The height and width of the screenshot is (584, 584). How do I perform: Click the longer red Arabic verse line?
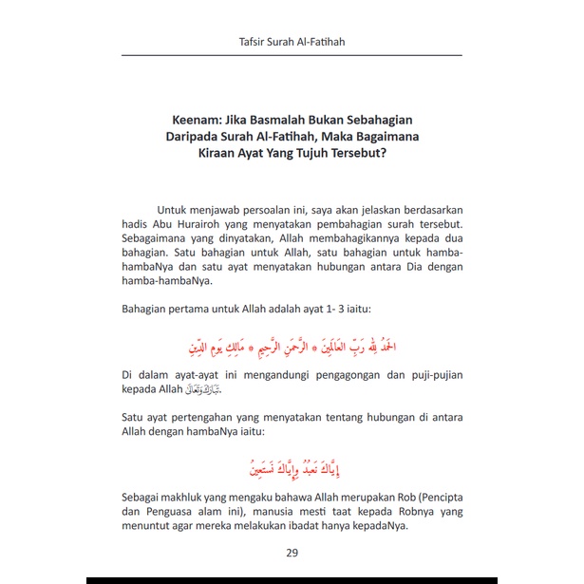click(x=292, y=342)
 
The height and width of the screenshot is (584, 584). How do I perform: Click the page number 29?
click(x=292, y=554)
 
